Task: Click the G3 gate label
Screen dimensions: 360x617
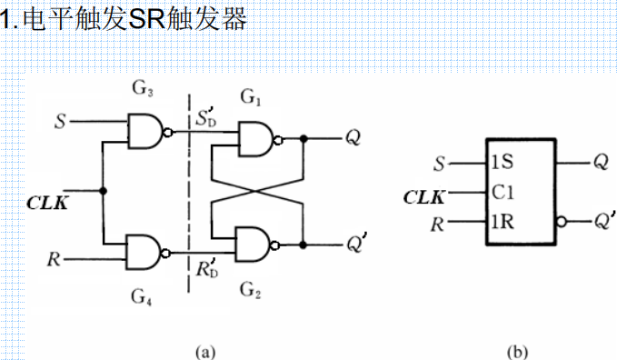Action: click(x=144, y=89)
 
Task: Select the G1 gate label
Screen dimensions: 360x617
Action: click(x=250, y=96)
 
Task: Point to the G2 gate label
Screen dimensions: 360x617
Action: click(x=251, y=290)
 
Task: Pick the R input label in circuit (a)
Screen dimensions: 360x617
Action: click(x=56, y=258)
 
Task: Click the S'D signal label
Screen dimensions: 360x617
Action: click(x=207, y=119)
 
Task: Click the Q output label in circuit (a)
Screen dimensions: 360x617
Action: click(x=351, y=139)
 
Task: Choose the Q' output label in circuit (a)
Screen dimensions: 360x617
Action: click(x=354, y=244)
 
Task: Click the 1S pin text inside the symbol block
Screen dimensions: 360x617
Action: click(x=502, y=164)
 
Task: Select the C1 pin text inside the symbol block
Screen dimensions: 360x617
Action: click(x=502, y=193)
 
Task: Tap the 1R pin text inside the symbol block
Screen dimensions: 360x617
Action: click(x=502, y=222)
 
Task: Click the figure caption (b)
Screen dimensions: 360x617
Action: click(x=520, y=349)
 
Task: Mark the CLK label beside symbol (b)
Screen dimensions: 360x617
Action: click(x=423, y=194)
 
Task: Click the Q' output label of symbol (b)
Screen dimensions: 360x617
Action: click(x=603, y=221)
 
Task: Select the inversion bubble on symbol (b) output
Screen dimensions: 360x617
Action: click(x=562, y=222)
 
